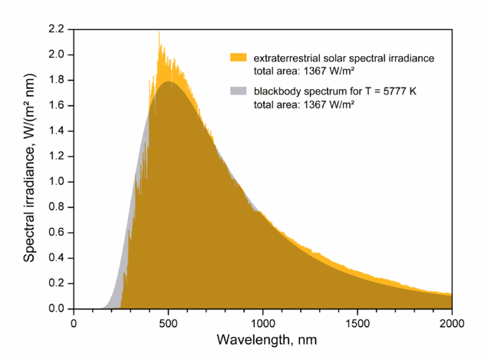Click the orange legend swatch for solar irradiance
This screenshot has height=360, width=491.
[238, 57]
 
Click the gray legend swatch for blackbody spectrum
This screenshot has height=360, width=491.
[238, 91]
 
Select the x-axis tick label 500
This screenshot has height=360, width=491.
[168, 323]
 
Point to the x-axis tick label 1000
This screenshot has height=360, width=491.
[263, 323]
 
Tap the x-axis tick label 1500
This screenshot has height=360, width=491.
[358, 323]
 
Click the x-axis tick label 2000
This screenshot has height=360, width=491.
[452, 323]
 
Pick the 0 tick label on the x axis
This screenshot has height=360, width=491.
[74, 323]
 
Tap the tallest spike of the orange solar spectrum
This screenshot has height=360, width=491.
[159, 33]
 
